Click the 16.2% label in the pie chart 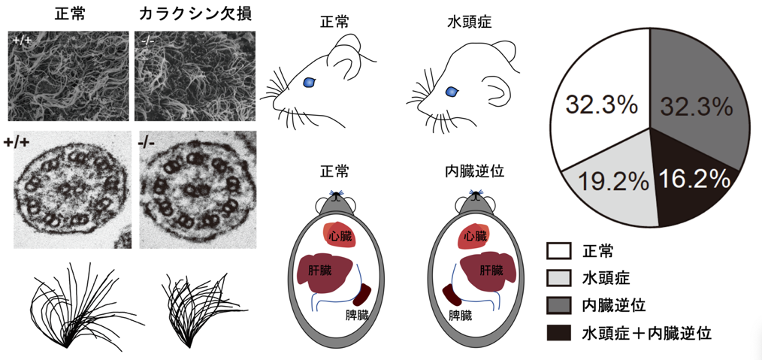(x=694, y=179)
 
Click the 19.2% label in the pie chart (x=613, y=180)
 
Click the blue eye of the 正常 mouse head (x=309, y=82)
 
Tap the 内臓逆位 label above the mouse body (x=471, y=171)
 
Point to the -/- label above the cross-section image (x=149, y=141)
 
